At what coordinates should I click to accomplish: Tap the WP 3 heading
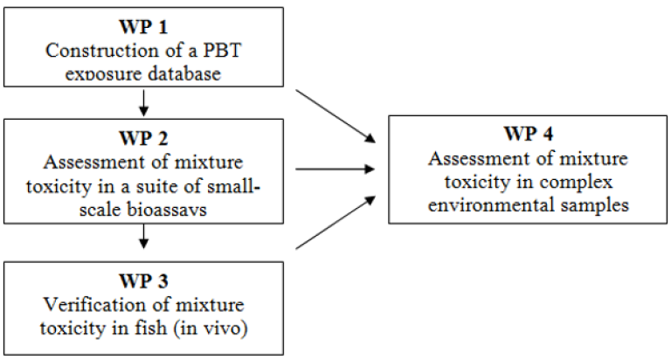coord(143,283)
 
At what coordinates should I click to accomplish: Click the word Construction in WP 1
coord(103,52)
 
